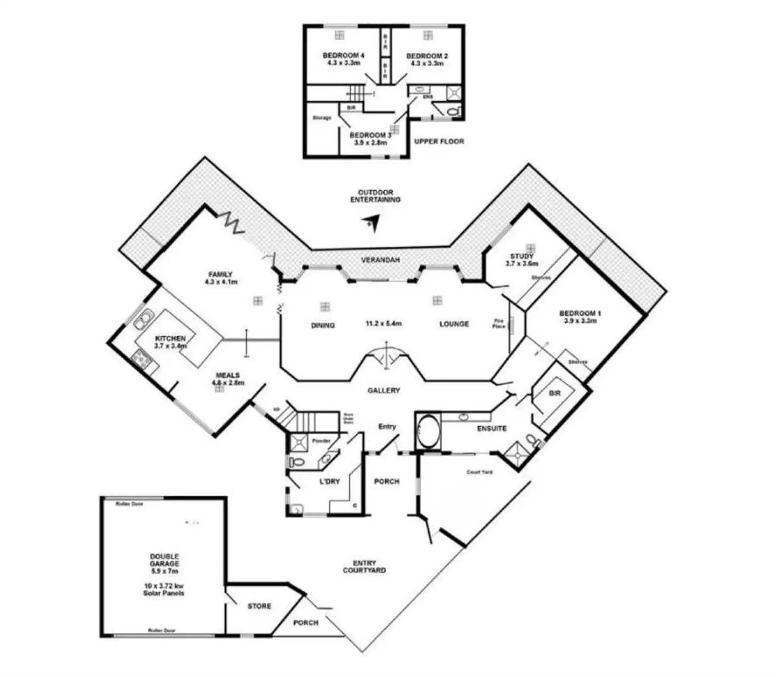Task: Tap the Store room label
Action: pos(259,606)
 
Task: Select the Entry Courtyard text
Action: pos(364,567)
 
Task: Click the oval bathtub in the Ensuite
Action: pos(428,431)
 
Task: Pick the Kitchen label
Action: pos(170,338)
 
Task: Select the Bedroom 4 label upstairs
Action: pos(343,55)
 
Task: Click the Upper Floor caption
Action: pos(439,141)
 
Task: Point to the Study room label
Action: pos(521,257)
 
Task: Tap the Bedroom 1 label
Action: pos(580,313)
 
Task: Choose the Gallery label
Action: pos(383,390)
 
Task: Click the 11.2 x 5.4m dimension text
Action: pos(384,323)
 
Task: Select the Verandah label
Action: pos(380,260)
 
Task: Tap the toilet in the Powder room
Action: pos(297,463)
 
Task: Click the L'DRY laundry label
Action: pos(330,482)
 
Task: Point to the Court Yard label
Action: pos(480,472)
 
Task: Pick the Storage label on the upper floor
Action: pos(322,118)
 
